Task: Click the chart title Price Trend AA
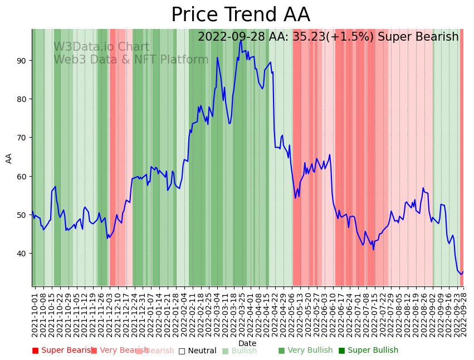coord(240,15)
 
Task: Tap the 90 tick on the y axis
coord(23,60)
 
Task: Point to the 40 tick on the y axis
coord(23,254)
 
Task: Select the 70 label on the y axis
coord(23,138)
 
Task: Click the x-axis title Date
coord(247,343)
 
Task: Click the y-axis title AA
coord(9,158)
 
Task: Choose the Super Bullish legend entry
coord(368,351)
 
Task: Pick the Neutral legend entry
coord(197,351)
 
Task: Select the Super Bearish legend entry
coord(62,351)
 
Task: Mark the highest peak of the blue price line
coord(241,41)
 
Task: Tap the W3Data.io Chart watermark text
coord(101,47)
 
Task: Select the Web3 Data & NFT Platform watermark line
coord(131,60)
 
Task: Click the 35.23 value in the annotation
coord(310,37)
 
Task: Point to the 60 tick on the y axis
coord(23,176)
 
